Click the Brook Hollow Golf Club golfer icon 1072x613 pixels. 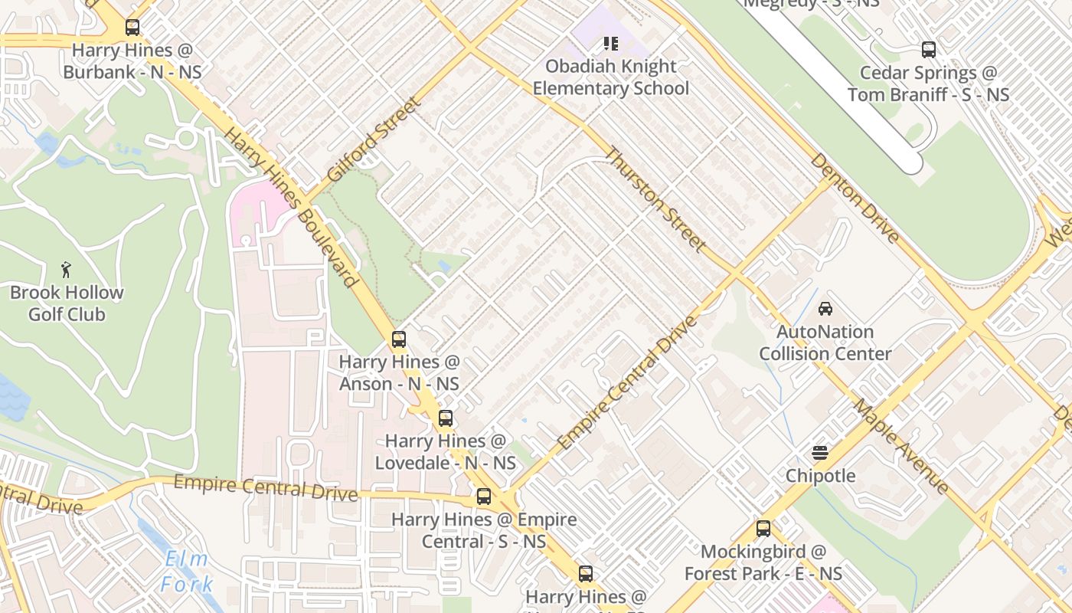pos(67,270)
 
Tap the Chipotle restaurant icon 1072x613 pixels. pos(820,452)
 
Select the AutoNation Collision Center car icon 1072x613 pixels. pos(825,309)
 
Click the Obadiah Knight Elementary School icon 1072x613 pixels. pos(610,43)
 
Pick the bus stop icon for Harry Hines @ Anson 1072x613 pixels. pos(398,339)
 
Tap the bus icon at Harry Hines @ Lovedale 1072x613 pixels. pos(445,418)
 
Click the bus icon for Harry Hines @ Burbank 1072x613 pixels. pos(132,28)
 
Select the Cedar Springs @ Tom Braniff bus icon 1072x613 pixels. pos(928,50)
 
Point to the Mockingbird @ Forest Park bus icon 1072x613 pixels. pos(763,528)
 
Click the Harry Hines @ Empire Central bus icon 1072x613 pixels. pos(483,496)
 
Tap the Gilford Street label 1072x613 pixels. pos(373,139)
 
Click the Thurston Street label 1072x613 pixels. pos(655,199)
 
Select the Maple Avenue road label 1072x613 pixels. pos(901,446)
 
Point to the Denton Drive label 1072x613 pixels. pos(855,198)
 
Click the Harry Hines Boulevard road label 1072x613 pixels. pos(292,207)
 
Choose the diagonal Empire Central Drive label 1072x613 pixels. pos(627,383)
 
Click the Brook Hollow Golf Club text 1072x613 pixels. pos(67,303)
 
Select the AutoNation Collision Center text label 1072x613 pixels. pos(825,343)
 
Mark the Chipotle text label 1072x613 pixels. pos(820,476)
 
